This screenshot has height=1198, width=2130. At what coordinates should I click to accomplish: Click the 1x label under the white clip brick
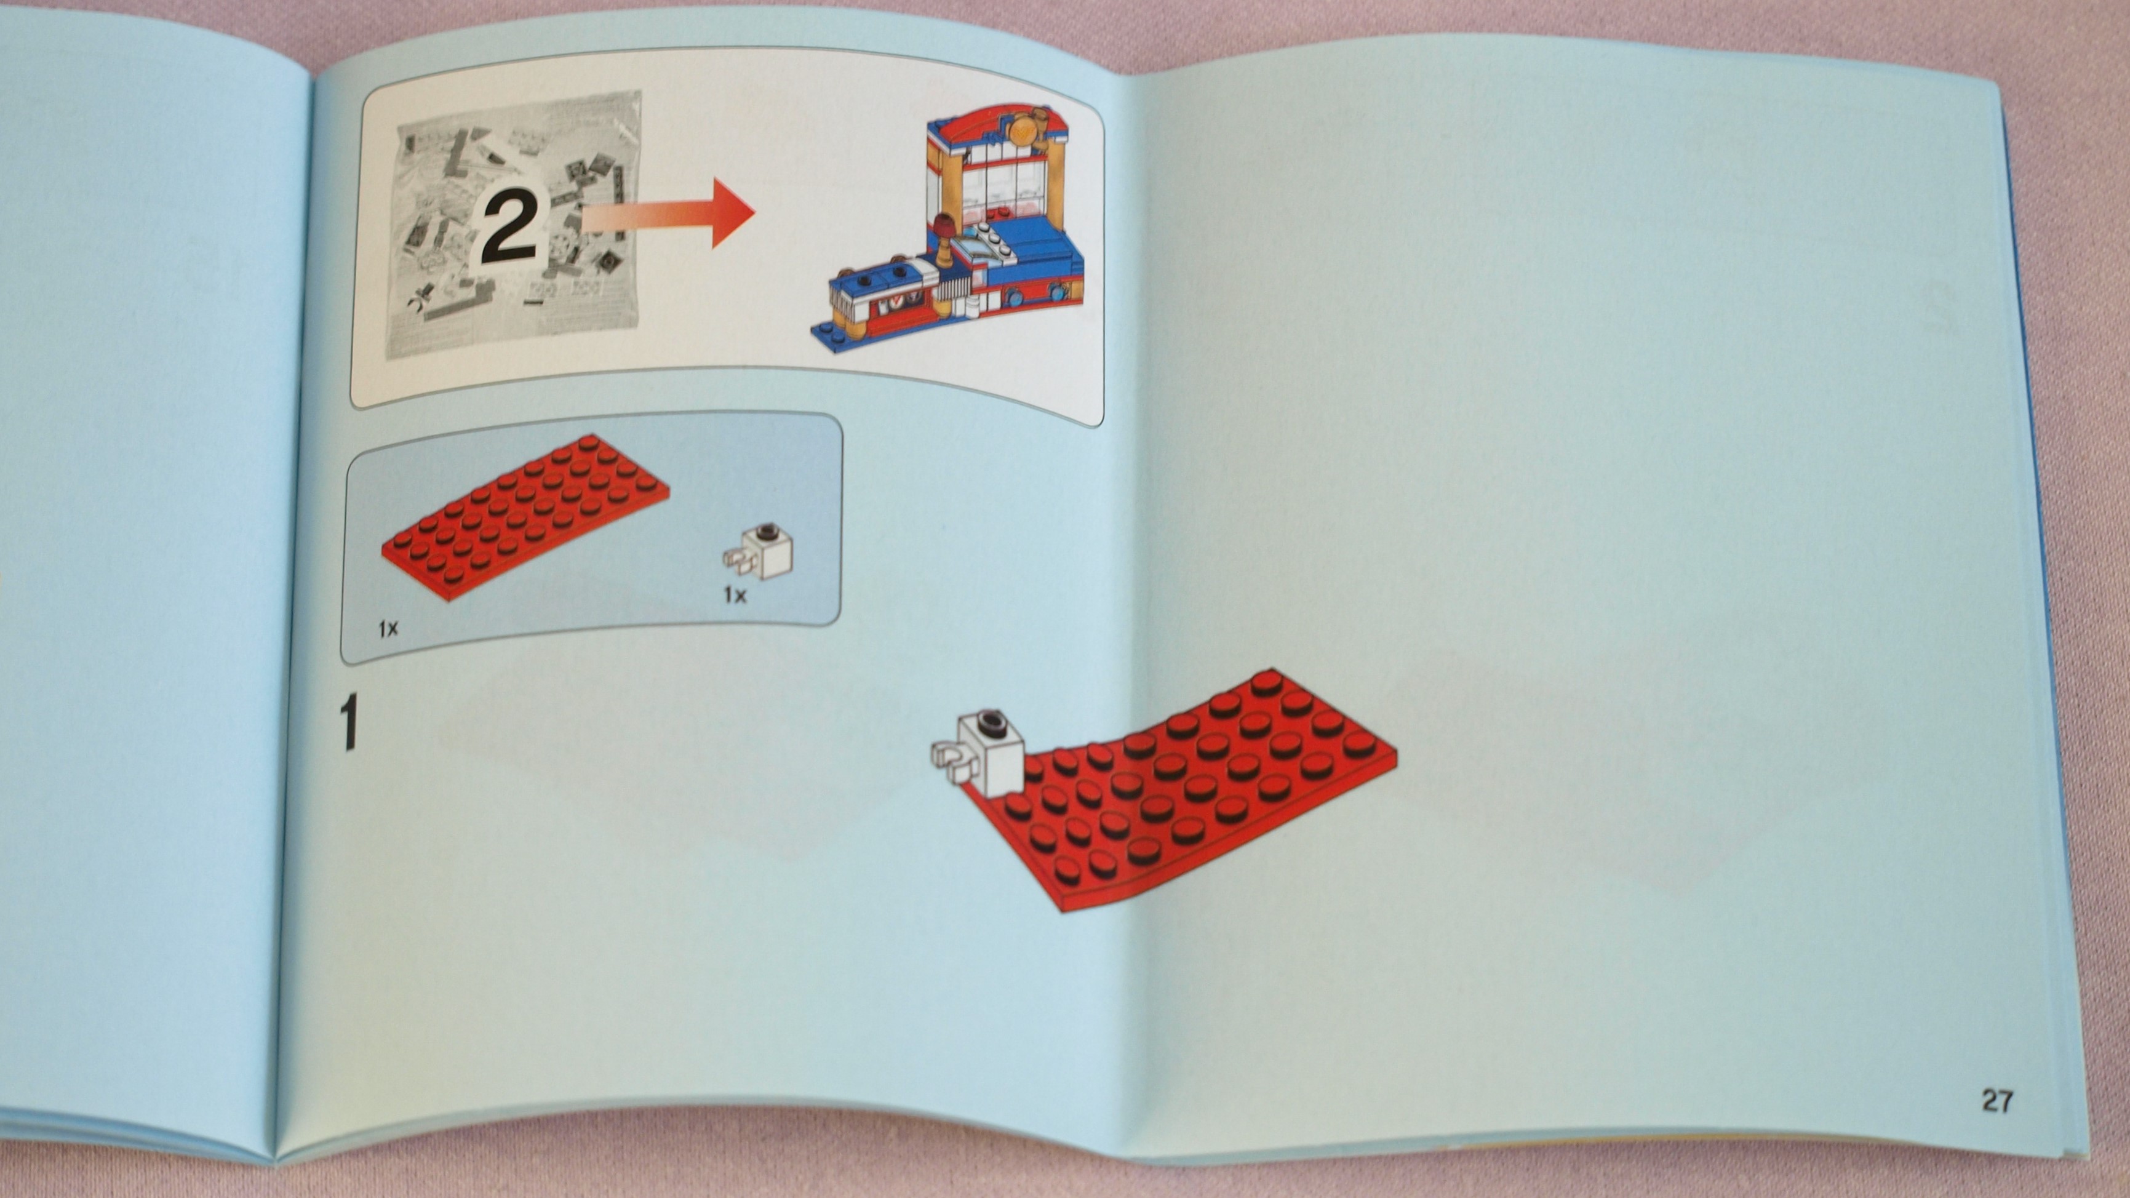(734, 594)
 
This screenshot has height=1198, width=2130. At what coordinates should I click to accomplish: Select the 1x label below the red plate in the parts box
(388, 628)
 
